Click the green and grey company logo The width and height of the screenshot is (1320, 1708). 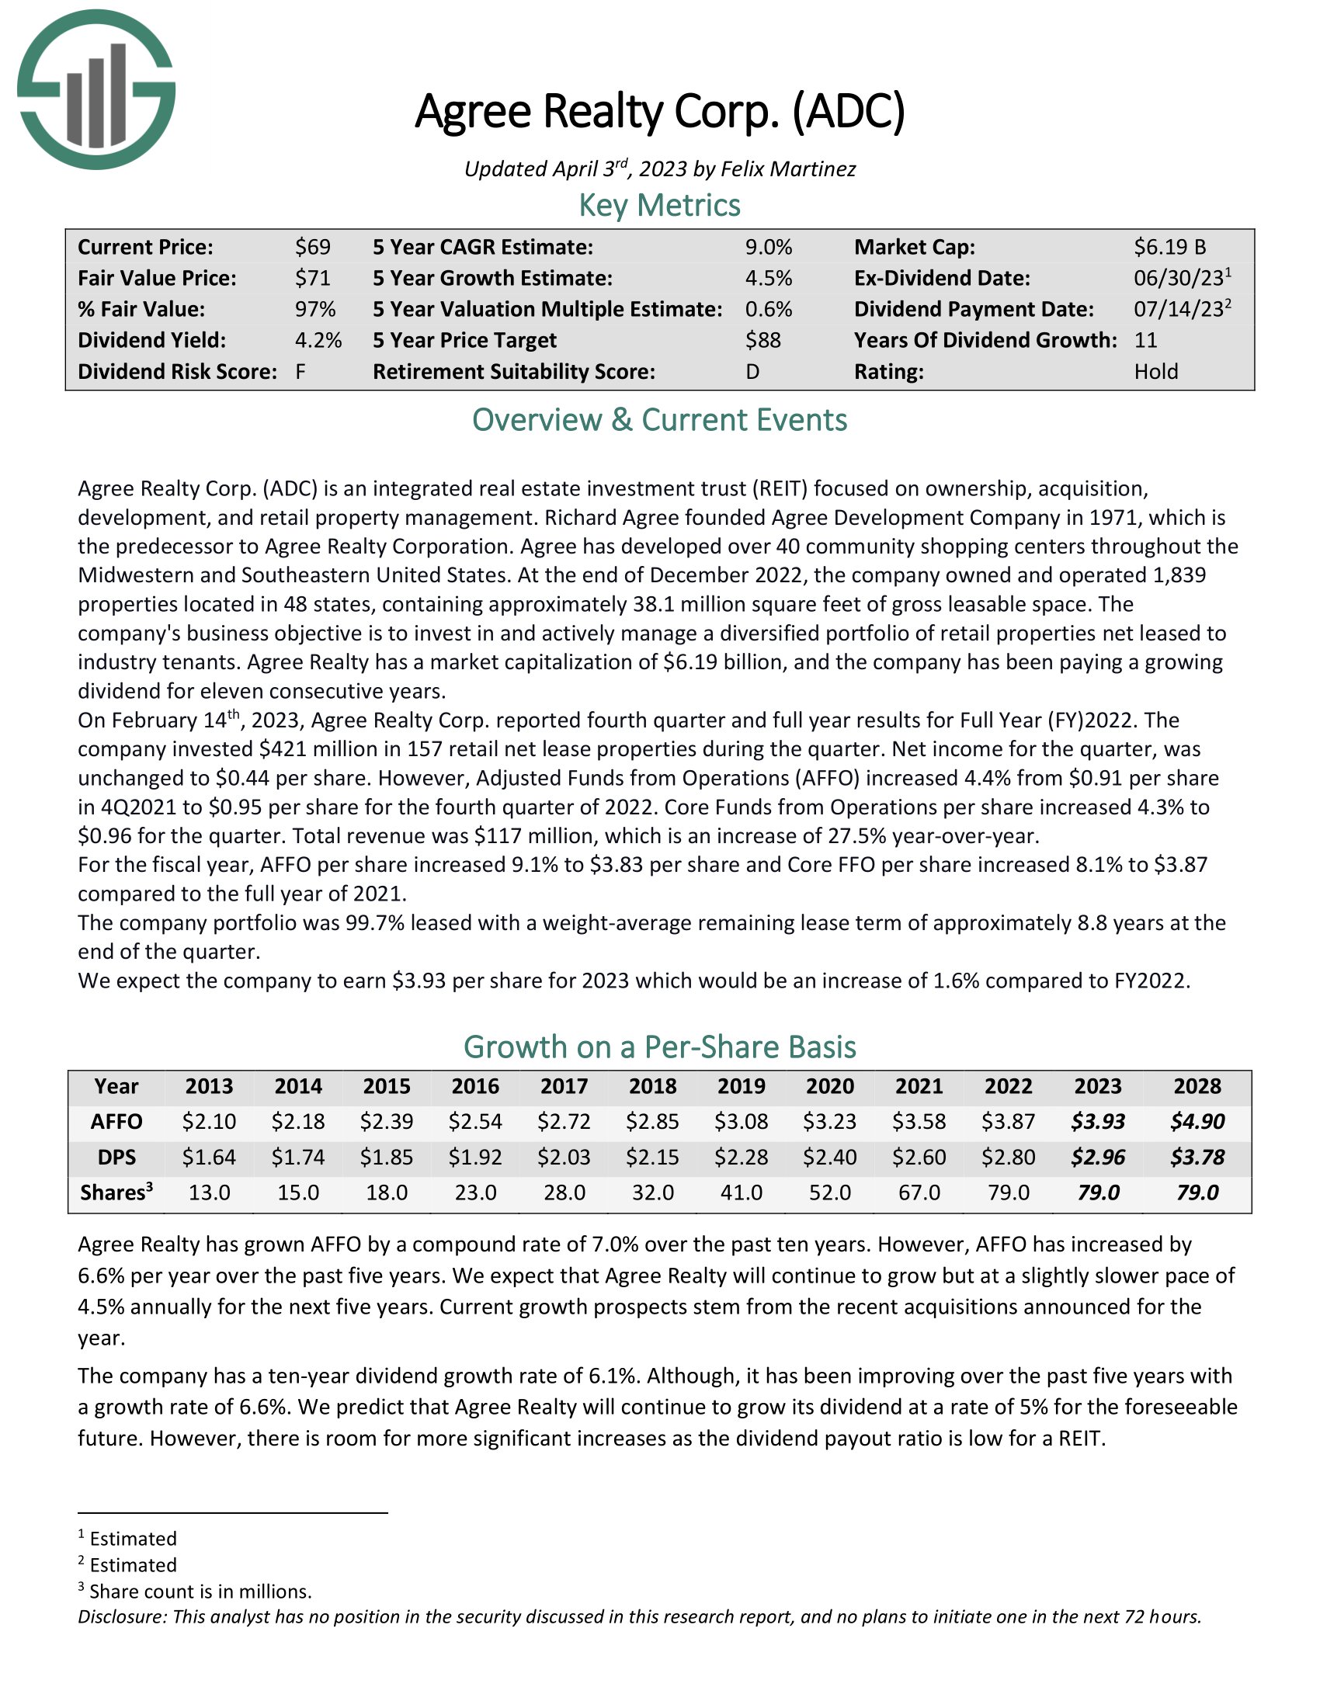tap(96, 89)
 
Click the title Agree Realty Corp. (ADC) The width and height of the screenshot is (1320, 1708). tap(659, 112)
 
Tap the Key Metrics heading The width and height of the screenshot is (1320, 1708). tap(659, 205)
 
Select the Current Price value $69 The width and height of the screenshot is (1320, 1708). tap(312, 247)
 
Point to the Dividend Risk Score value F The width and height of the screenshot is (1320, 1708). tap(300, 371)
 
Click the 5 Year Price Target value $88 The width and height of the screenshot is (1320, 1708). tap(762, 340)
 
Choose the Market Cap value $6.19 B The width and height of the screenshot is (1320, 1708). tap(1170, 247)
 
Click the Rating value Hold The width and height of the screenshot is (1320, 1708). tap(1156, 371)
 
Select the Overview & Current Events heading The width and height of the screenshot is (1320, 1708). tap(659, 420)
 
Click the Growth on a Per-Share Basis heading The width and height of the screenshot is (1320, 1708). tap(659, 1047)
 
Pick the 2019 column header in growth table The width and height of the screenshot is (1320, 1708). tap(742, 1086)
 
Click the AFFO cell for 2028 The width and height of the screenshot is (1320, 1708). tap(1197, 1122)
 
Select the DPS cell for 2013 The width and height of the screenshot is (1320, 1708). tap(209, 1157)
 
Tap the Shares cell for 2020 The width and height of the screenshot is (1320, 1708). tap(830, 1192)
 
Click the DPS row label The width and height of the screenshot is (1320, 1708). tap(116, 1157)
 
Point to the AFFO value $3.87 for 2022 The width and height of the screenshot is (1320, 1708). tap(1008, 1122)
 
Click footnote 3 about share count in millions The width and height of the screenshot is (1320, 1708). tap(200, 1592)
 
